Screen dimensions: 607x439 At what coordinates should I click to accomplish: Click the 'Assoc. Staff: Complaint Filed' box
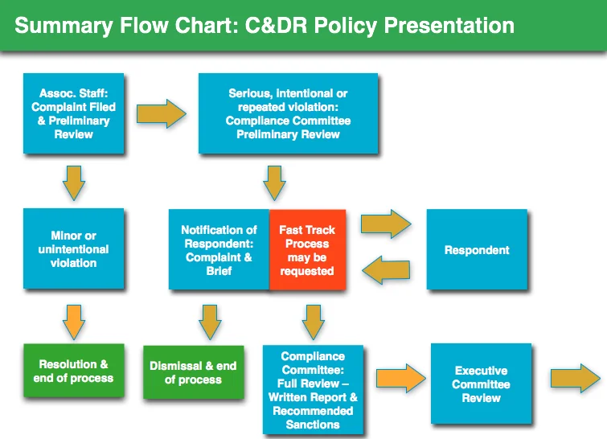73,113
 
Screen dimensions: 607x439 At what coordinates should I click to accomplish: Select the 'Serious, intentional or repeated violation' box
288,113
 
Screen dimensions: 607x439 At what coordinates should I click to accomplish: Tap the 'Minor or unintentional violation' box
73,248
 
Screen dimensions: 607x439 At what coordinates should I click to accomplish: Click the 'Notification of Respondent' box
219,250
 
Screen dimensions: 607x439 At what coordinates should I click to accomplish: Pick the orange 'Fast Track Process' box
307,250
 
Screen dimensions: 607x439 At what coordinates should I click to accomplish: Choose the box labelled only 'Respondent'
477,249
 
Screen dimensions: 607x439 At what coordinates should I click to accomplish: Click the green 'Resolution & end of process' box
73,371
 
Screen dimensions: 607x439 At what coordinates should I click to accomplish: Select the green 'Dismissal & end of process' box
194,372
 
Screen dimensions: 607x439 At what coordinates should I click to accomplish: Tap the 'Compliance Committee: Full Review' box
313,390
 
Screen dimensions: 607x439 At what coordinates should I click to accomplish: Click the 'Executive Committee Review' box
482,384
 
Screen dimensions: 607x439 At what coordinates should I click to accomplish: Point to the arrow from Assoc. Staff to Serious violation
161,113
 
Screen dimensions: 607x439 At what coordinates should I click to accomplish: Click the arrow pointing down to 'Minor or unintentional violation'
74,183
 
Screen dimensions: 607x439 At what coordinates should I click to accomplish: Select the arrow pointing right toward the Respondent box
386,224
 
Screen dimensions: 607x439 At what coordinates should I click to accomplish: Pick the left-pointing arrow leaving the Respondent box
387,270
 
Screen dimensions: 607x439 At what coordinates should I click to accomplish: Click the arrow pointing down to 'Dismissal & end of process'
210,322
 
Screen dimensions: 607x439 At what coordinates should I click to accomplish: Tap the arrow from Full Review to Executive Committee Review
400,378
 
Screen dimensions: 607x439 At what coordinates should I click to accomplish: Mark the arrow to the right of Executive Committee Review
576,378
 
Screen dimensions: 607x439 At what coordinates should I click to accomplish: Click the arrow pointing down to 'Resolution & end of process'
74,322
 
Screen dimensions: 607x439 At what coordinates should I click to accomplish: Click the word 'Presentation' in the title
449,26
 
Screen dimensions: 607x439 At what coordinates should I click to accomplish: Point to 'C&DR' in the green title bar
276,26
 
